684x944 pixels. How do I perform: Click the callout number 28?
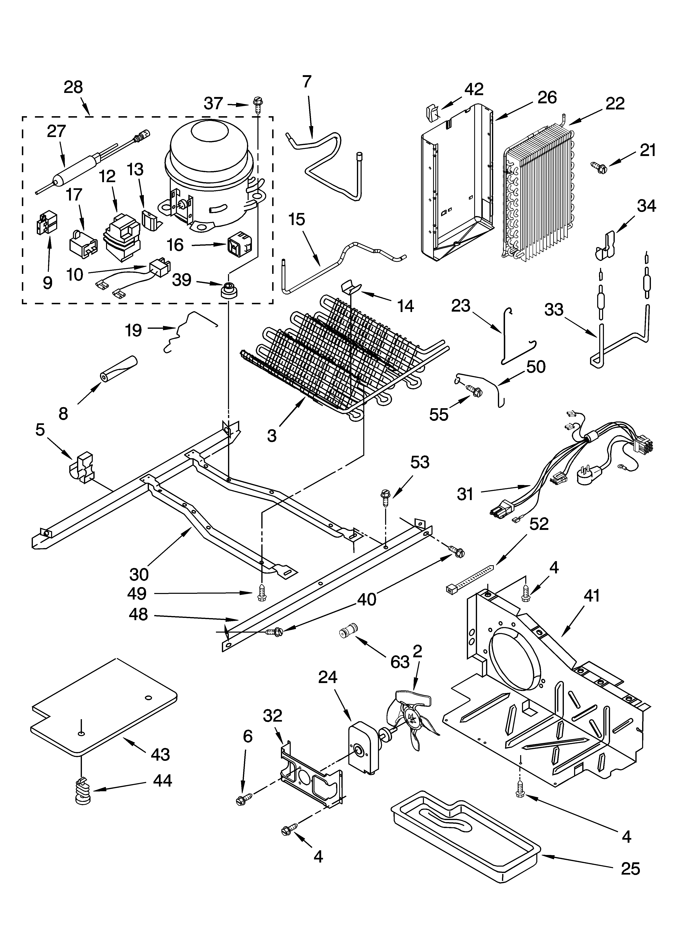(73, 87)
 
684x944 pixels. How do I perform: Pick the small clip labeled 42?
(433, 112)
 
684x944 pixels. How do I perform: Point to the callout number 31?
(465, 494)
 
